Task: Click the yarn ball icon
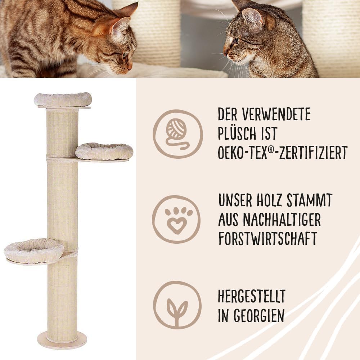click(177, 134)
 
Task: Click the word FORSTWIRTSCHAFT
click(267, 238)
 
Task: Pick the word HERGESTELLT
click(251, 296)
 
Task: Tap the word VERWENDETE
click(276, 114)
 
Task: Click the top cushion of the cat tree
click(63, 99)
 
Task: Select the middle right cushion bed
click(104, 151)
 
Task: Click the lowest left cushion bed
click(34, 250)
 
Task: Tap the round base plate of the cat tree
click(62, 340)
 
